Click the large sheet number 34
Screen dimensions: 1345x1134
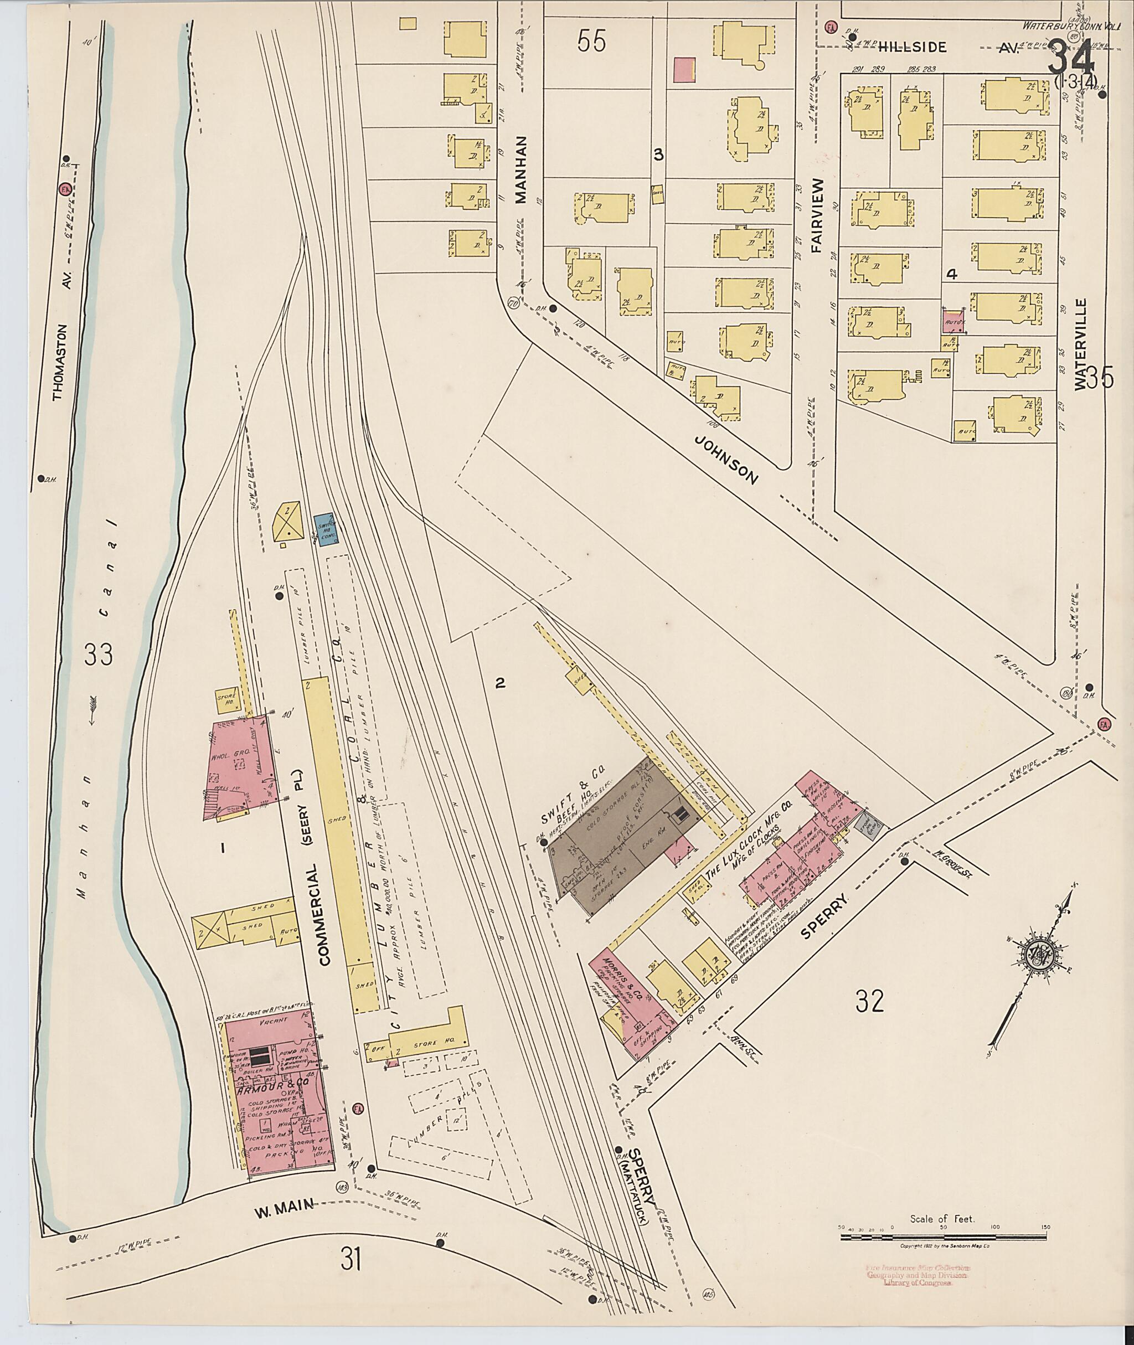(1071, 61)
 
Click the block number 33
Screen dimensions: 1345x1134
(99, 655)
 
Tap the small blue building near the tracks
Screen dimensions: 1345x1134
(324, 529)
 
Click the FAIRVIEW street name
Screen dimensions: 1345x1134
(818, 215)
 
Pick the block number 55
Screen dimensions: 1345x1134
(591, 42)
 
